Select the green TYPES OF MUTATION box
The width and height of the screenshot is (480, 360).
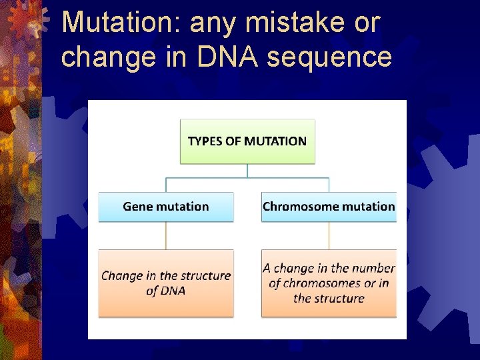click(247, 141)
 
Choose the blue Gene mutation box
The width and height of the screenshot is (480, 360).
click(166, 207)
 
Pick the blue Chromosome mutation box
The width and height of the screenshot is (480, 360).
click(329, 207)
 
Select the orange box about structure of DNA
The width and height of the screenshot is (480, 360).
click(166, 283)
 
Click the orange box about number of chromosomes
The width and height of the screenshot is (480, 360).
click(329, 283)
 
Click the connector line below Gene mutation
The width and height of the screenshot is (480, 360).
click(166, 235)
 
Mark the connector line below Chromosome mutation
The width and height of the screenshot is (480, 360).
click(329, 235)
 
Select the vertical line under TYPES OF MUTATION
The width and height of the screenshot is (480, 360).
click(247, 171)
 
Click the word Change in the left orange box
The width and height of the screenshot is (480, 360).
click(123, 275)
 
